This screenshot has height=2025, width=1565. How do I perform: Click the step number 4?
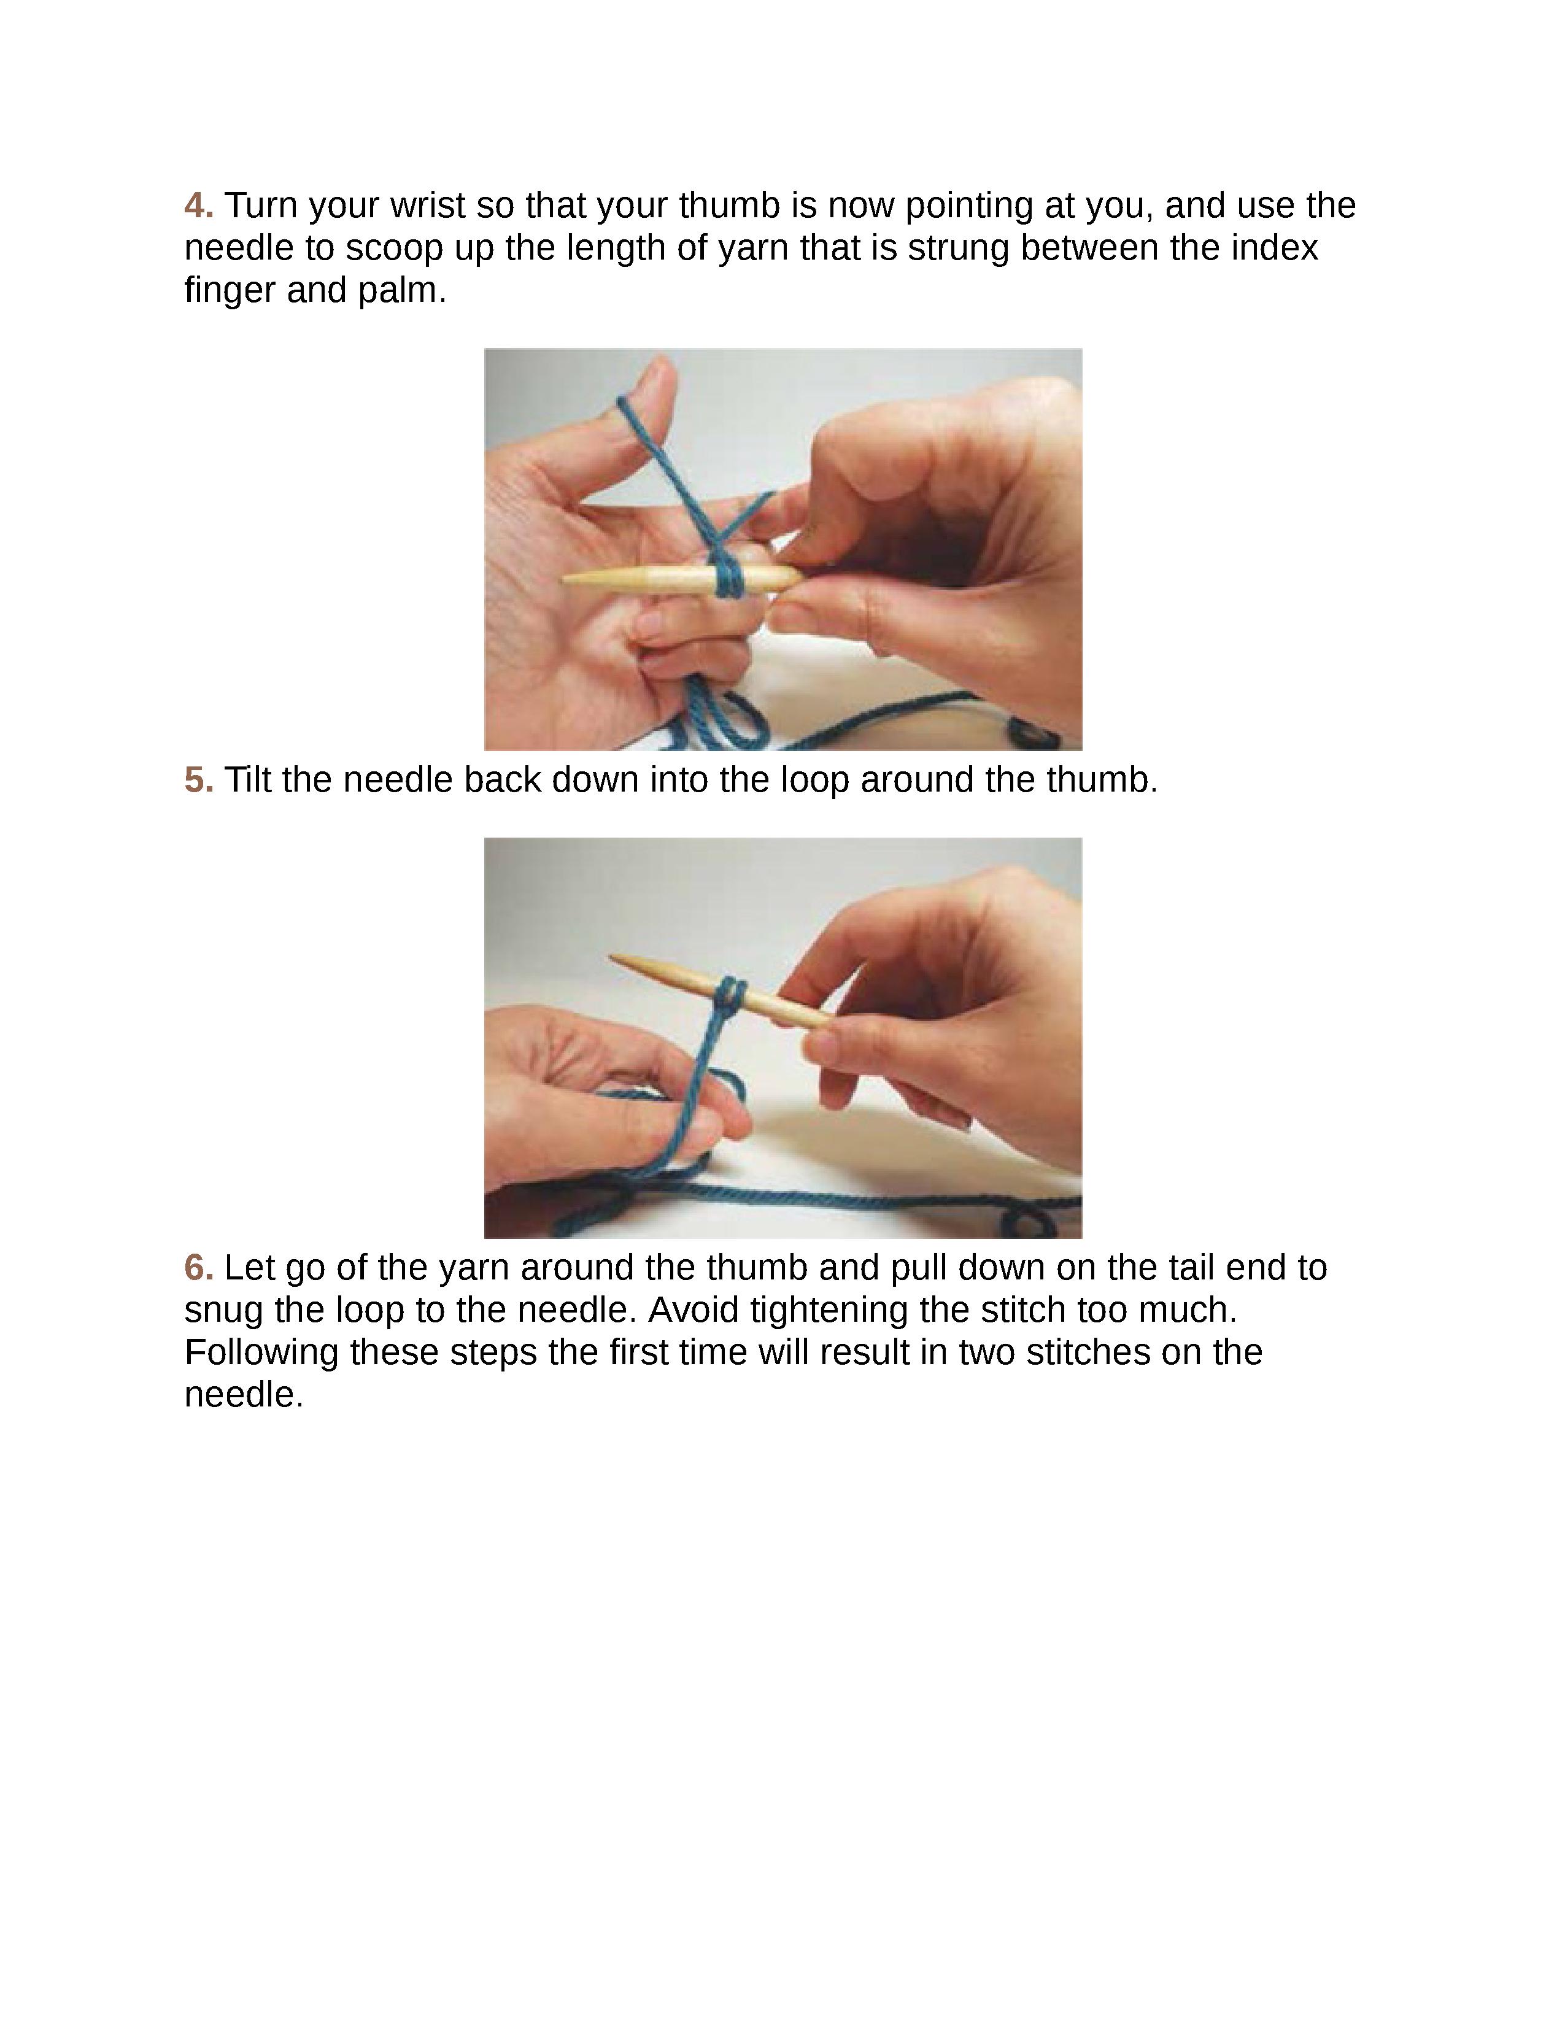(198, 205)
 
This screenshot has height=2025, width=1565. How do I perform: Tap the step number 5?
(198, 780)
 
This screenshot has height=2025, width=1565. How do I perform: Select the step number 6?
(198, 1268)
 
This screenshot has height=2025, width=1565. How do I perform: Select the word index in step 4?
(1276, 247)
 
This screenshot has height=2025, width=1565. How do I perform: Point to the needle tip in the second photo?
(612, 957)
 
